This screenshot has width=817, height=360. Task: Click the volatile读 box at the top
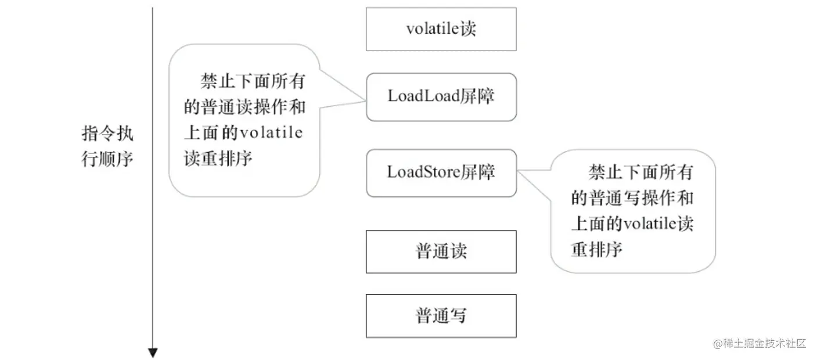tap(441, 29)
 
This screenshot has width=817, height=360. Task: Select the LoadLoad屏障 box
tap(441, 97)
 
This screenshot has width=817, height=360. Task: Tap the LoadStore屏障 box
tap(441, 173)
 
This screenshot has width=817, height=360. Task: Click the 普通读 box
tap(441, 252)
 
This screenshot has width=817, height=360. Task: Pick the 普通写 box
tap(441, 316)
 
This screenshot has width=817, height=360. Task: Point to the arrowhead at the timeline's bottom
tap(153, 352)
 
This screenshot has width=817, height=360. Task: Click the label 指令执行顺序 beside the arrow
tap(107, 146)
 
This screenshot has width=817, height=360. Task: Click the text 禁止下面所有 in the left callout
tap(252, 81)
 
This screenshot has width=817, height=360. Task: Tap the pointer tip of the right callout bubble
tap(517, 170)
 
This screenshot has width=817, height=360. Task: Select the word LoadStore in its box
tap(424, 173)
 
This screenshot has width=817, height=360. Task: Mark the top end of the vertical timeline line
tap(153, 8)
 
